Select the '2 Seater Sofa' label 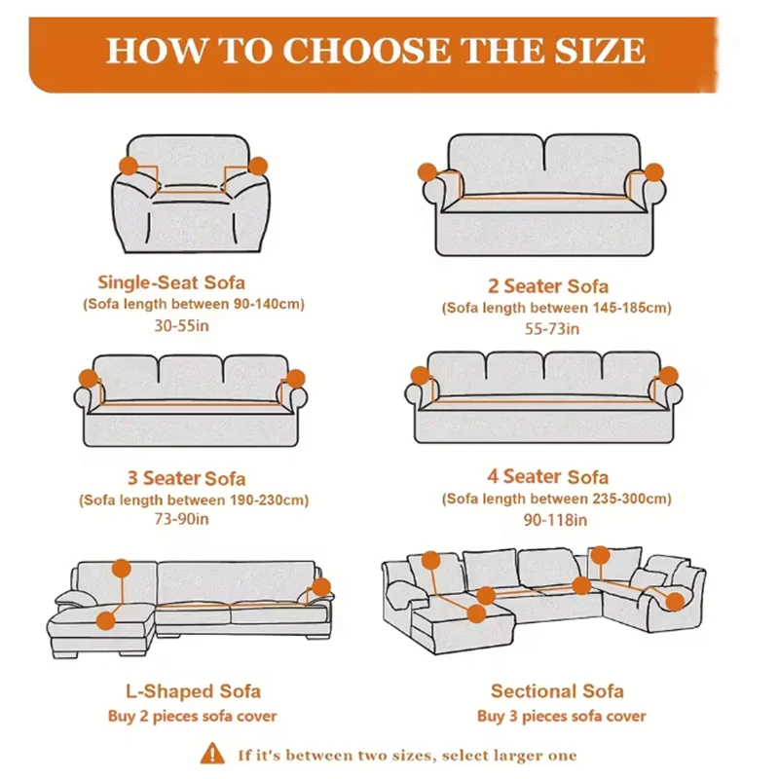pyautogui.click(x=548, y=285)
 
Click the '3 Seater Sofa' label pyautogui.click(x=186, y=478)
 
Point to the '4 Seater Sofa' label pyautogui.click(x=548, y=476)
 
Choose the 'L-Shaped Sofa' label pyautogui.click(x=193, y=691)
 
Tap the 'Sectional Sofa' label pyautogui.click(x=557, y=691)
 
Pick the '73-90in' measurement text pyautogui.click(x=182, y=519)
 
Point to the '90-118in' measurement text pyautogui.click(x=551, y=520)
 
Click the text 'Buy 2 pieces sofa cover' pyautogui.click(x=192, y=717)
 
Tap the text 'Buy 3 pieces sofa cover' pyautogui.click(x=561, y=717)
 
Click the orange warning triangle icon pyautogui.click(x=212, y=754)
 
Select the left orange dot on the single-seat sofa pyautogui.click(x=130, y=166)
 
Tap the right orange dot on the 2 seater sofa pyautogui.click(x=653, y=171)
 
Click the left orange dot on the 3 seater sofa pyautogui.click(x=88, y=378)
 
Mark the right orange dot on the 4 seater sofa pyautogui.click(x=668, y=375)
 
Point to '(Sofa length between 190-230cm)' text pyautogui.click(x=194, y=500)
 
